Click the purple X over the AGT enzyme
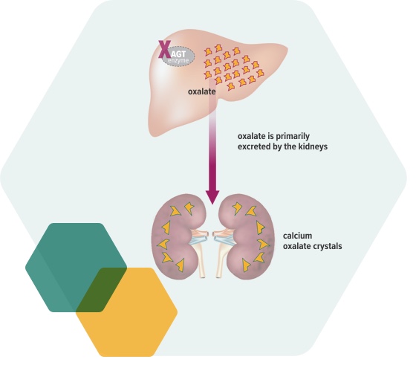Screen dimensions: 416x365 tap(164, 49)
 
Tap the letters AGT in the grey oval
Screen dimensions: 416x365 tap(178, 54)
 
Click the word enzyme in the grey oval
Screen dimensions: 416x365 tap(178, 61)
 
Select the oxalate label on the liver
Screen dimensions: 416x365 tap(201, 91)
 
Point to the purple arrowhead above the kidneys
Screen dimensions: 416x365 tap(212, 197)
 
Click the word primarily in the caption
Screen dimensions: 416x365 tap(293, 137)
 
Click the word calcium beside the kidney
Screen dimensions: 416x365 tap(297, 236)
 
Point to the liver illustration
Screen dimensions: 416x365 tap(218, 82)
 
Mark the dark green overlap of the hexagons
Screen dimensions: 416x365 tap(101, 290)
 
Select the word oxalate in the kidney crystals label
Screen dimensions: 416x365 tap(295, 246)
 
